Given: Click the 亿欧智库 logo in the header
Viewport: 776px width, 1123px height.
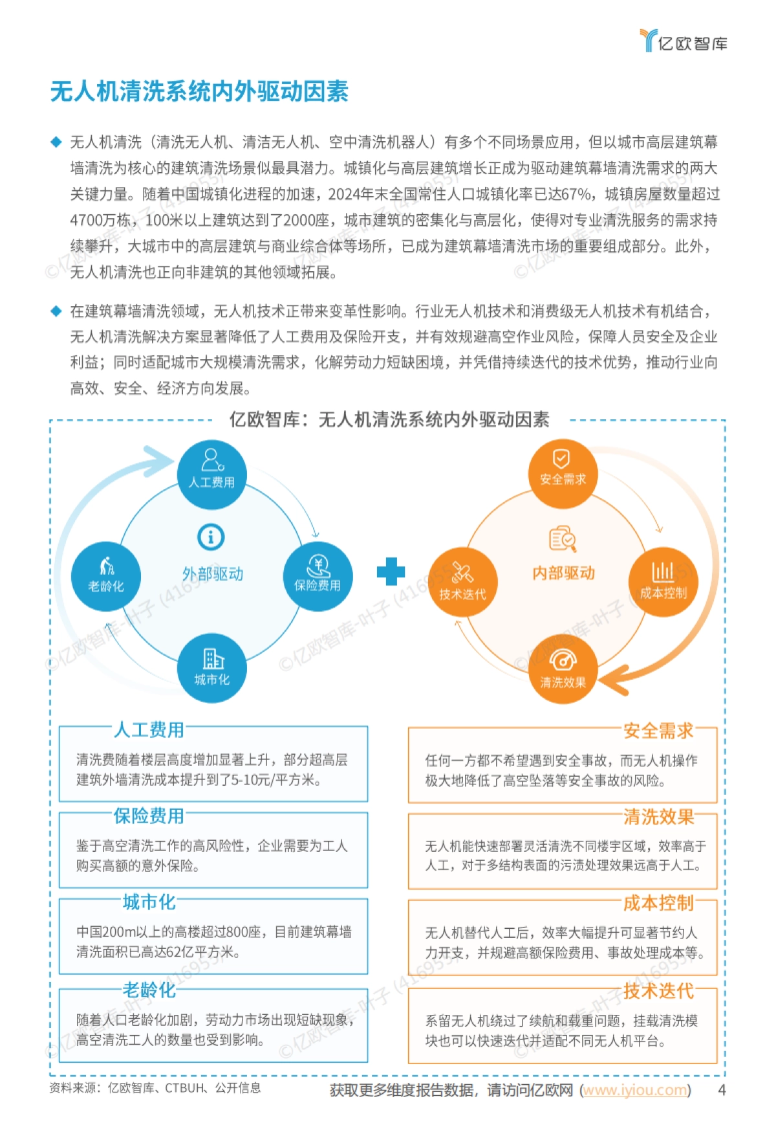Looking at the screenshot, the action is click(684, 41).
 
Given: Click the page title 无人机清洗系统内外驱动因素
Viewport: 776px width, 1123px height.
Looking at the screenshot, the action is click(199, 92).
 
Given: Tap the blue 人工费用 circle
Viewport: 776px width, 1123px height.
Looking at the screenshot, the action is click(211, 474).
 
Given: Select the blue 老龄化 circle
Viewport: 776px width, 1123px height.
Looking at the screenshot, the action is click(106, 575).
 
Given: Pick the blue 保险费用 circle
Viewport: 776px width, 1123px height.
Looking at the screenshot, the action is click(318, 575).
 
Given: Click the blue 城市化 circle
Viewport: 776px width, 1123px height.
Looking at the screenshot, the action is click(211, 668).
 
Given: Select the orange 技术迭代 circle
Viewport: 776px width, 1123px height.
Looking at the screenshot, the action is click(462, 581).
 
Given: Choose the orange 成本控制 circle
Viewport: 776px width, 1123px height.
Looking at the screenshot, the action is click(663, 581).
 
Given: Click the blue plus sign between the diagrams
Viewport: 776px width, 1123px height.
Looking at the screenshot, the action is click(391, 572).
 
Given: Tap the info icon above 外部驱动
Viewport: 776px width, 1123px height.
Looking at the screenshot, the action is click(211, 537).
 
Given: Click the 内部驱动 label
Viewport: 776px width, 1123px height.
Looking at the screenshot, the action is click(563, 573).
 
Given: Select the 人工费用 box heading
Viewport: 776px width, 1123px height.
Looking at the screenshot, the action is click(149, 730).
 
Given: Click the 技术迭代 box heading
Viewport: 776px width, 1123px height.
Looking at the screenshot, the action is click(658, 990).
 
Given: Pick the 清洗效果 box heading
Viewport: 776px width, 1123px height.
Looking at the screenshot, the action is click(658, 817).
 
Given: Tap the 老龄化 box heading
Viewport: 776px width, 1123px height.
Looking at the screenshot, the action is click(149, 990).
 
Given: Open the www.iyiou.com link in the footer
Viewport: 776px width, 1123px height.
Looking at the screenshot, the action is click(635, 1090).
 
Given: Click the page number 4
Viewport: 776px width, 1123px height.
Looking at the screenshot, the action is click(722, 1090).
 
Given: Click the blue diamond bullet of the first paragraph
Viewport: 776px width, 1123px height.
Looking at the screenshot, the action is click(56, 142).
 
